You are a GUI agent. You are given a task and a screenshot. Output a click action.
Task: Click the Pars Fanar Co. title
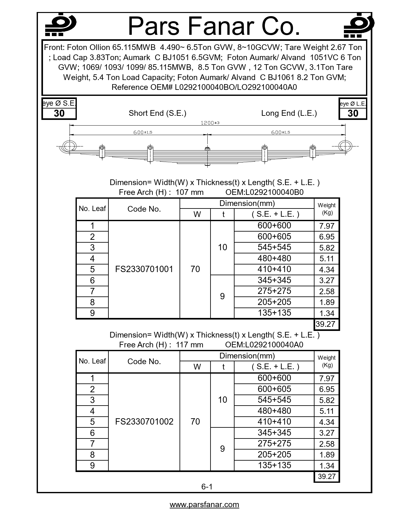[x=214, y=26]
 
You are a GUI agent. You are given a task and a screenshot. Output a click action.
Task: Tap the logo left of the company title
[x=60, y=25]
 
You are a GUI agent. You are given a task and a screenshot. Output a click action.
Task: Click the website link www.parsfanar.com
[x=204, y=505]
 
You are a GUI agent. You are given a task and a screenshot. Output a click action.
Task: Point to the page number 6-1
[x=207, y=487]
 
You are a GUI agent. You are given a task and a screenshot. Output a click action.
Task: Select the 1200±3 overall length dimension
[x=210, y=123]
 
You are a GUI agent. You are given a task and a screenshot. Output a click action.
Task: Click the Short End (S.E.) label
[x=157, y=113]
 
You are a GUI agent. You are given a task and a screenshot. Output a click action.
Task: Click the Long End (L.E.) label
[x=289, y=113]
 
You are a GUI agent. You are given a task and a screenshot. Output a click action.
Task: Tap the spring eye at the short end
[x=69, y=146]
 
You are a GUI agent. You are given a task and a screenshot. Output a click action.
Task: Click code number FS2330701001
[x=144, y=269]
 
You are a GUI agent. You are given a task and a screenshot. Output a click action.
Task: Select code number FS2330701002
[x=144, y=422]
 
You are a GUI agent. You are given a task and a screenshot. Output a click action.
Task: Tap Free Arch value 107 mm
[x=189, y=192]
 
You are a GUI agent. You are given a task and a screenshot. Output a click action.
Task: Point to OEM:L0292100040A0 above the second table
[x=264, y=345]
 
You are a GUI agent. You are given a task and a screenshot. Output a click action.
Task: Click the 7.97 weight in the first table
[x=327, y=226]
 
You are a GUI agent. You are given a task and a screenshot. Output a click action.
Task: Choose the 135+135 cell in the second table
[x=274, y=465]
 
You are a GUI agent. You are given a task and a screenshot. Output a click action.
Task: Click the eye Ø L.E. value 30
[x=353, y=114]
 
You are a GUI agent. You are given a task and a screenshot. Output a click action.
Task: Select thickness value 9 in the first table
[x=222, y=296]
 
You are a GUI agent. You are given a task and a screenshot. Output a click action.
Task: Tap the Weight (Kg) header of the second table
[x=327, y=361]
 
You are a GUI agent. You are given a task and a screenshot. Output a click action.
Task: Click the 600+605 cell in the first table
[x=274, y=237]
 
